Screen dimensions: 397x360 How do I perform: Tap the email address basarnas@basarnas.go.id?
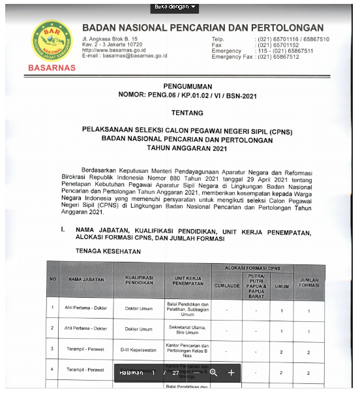[x=125, y=56]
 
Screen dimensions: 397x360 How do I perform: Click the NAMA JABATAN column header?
[x=87, y=279]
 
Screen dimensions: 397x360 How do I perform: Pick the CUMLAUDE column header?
[x=227, y=285]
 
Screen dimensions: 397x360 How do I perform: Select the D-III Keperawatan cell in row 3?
[x=138, y=351]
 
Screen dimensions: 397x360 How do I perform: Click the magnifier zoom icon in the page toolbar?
[x=213, y=372]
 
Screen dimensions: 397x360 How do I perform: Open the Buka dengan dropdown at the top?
[x=175, y=7]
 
